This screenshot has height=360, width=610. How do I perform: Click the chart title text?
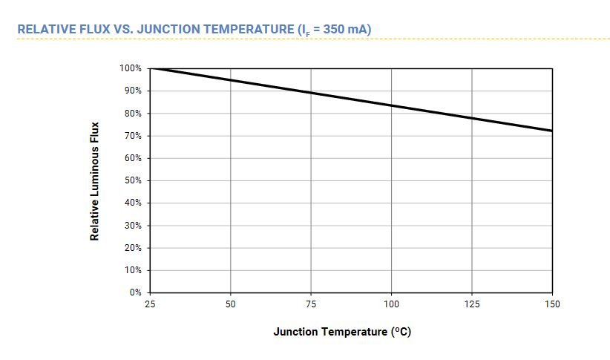[x=194, y=30]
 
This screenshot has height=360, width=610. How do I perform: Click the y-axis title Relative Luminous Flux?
[x=95, y=181]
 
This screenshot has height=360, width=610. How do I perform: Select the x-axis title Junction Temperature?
[x=342, y=332]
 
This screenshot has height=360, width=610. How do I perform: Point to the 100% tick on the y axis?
[x=131, y=68]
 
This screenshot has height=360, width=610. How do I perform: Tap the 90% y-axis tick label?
[x=132, y=91]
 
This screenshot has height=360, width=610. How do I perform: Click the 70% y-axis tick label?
[x=132, y=136]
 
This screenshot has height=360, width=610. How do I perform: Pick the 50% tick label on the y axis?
[x=132, y=180]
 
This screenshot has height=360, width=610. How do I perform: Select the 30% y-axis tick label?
[x=132, y=226]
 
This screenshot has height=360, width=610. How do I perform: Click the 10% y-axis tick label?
[x=132, y=270]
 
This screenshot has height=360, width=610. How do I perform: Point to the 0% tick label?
[x=135, y=292]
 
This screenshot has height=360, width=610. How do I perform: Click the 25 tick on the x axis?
[x=151, y=304]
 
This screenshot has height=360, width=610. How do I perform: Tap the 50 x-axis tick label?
[x=231, y=304]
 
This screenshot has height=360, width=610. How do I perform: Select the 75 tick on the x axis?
[x=311, y=304]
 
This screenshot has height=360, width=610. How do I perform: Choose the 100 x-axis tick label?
[x=391, y=304]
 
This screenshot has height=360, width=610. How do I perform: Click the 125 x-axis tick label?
[x=472, y=304]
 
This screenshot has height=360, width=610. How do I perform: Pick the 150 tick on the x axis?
[x=551, y=304]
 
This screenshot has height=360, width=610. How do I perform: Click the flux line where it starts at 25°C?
[x=151, y=69]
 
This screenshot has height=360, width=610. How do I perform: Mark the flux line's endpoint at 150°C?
[x=551, y=131]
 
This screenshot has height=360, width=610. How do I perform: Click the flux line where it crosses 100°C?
[x=391, y=105]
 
